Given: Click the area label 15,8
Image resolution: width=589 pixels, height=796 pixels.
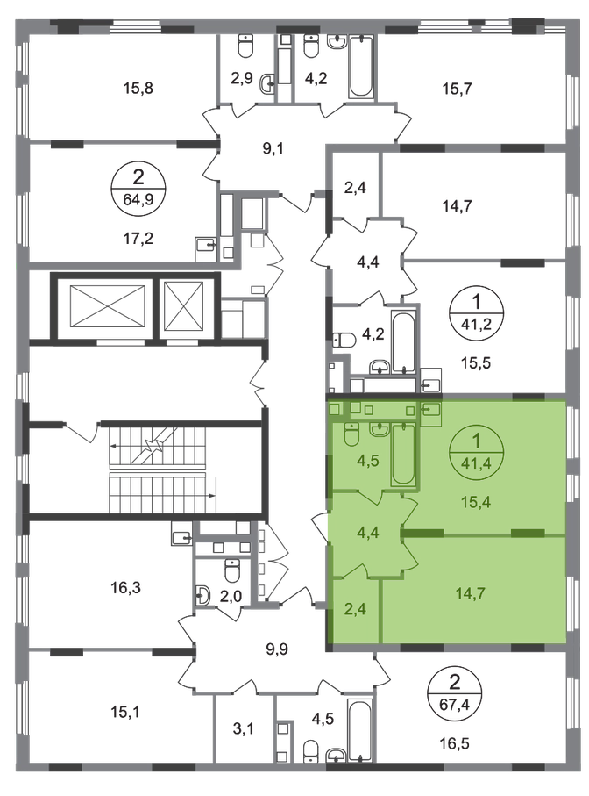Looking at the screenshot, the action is pyautogui.click(x=138, y=89).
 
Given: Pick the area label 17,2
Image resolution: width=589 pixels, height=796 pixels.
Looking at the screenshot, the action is pyautogui.click(x=138, y=238).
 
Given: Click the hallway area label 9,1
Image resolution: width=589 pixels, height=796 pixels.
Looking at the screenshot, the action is pyautogui.click(x=273, y=148).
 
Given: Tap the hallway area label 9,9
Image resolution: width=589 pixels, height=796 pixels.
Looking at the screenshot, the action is pyautogui.click(x=277, y=649).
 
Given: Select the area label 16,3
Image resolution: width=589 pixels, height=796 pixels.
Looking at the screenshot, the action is pyautogui.click(x=125, y=588).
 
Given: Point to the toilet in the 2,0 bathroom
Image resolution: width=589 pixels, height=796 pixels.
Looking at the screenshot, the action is pyautogui.click(x=231, y=570).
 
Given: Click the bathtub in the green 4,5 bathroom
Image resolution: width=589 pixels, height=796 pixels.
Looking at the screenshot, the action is pyautogui.click(x=403, y=455).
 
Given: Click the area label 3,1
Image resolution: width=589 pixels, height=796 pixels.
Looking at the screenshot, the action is pyautogui.click(x=245, y=729).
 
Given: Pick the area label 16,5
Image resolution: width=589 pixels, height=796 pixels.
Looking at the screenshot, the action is pyautogui.click(x=454, y=743).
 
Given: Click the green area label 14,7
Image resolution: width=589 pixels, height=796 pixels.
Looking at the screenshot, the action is pyautogui.click(x=471, y=593).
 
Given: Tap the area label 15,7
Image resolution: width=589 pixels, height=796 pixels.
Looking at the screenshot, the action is pyautogui.click(x=458, y=89).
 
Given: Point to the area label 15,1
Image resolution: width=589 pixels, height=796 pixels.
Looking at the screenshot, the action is pyautogui.click(x=125, y=712).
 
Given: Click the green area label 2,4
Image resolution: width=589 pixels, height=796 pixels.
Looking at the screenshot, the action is pyautogui.click(x=355, y=608).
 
